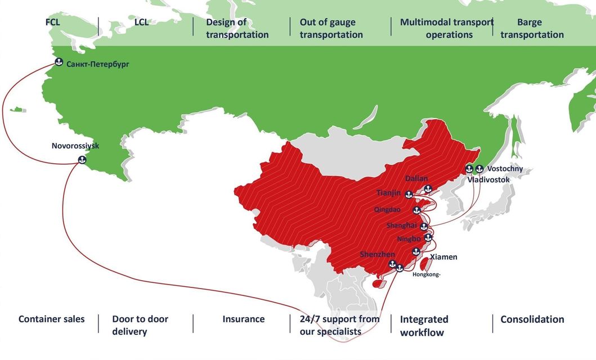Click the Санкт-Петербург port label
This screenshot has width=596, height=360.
click(x=97, y=64)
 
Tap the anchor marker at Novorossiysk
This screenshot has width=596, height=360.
click(x=82, y=160)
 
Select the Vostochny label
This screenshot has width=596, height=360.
click(x=505, y=169)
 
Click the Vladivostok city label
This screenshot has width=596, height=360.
click(x=489, y=179)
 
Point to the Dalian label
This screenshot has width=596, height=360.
click(x=416, y=178)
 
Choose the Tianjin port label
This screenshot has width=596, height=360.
click(x=388, y=193)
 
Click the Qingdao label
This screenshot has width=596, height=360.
click(x=387, y=209)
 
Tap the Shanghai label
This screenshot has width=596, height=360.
click(x=401, y=226)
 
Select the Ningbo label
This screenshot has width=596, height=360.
click(x=409, y=239)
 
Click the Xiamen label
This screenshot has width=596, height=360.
click(x=443, y=257)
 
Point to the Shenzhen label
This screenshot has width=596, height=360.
click(x=377, y=255)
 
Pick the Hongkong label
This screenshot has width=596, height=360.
click(x=427, y=274)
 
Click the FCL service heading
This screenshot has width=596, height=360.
click(x=53, y=22)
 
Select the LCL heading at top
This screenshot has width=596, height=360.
click(x=142, y=22)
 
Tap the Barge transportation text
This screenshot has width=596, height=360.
click(x=532, y=29)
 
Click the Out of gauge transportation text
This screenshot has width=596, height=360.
click(x=331, y=29)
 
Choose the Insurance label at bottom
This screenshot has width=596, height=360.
click(x=243, y=319)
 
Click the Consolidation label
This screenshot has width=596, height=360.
click(x=532, y=319)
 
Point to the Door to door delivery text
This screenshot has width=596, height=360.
click(x=140, y=325)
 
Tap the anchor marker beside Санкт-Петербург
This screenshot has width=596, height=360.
click(x=58, y=62)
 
